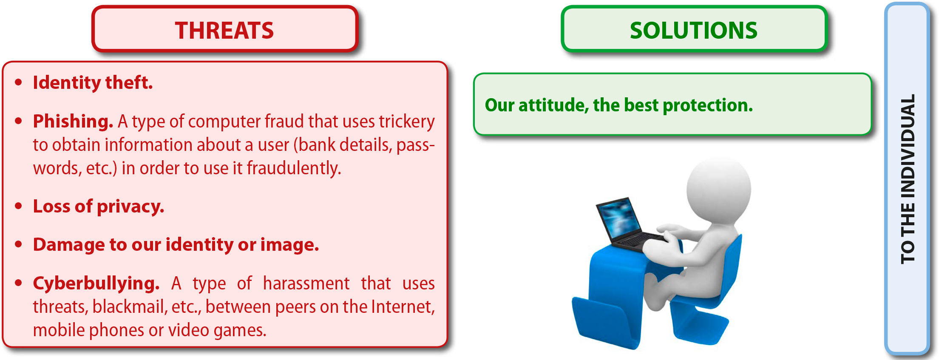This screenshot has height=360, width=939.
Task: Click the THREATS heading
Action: click(224, 31)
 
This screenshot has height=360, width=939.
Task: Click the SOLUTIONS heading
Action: click(694, 31)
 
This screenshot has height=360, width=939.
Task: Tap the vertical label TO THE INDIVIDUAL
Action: click(908, 179)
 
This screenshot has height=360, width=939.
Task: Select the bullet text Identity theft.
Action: click(93, 82)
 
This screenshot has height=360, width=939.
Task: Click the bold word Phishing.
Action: click(73, 122)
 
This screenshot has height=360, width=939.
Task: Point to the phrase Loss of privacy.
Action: click(99, 207)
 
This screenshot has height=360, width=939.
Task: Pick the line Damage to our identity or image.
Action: click(176, 245)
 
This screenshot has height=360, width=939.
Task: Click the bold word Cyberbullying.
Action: click(96, 283)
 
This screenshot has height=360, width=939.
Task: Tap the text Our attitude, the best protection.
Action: click(619, 105)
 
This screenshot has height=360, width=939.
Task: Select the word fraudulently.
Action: click(294, 168)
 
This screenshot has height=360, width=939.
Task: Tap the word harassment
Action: click(306, 283)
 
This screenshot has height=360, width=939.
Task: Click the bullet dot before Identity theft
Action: click(18, 82)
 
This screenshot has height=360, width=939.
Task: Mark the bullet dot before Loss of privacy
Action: click(18, 206)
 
